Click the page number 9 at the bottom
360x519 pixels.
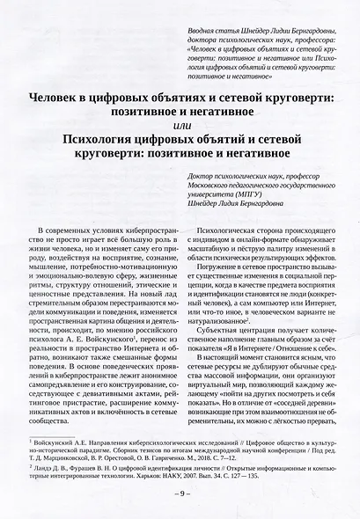click(x=180, y=494)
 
